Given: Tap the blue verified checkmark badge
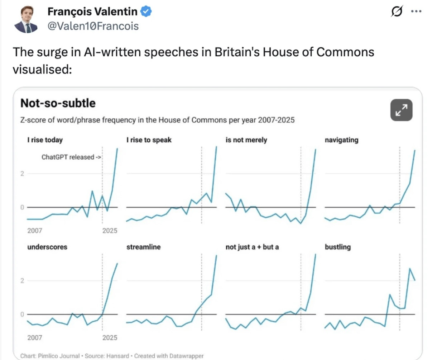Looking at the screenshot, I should [x=146, y=12].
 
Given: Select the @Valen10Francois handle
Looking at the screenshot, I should [x=93, y=26].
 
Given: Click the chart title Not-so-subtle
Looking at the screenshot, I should [x=58, y=103].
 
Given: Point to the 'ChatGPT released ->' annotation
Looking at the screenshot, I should [x=71, y=157].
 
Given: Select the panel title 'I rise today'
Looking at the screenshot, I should [x=45, y=140].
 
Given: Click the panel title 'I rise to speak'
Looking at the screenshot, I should [x=149, y=140].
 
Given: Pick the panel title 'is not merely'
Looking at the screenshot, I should [x=246, y=140].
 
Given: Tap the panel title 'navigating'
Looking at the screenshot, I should [x=341, y=140].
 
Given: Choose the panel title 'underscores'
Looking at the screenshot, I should [x=47, y=247].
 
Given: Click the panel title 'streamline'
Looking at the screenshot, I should [x=143, y=247].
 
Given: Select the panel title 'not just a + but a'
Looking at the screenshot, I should [x=252, y=247].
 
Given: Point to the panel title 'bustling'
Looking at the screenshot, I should [x=337, y=247].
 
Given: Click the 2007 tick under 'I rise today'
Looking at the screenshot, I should [x=35, y=231].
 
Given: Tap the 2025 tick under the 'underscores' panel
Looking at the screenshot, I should [x=110, y=337].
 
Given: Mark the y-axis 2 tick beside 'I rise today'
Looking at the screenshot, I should [x=22, y=174].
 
